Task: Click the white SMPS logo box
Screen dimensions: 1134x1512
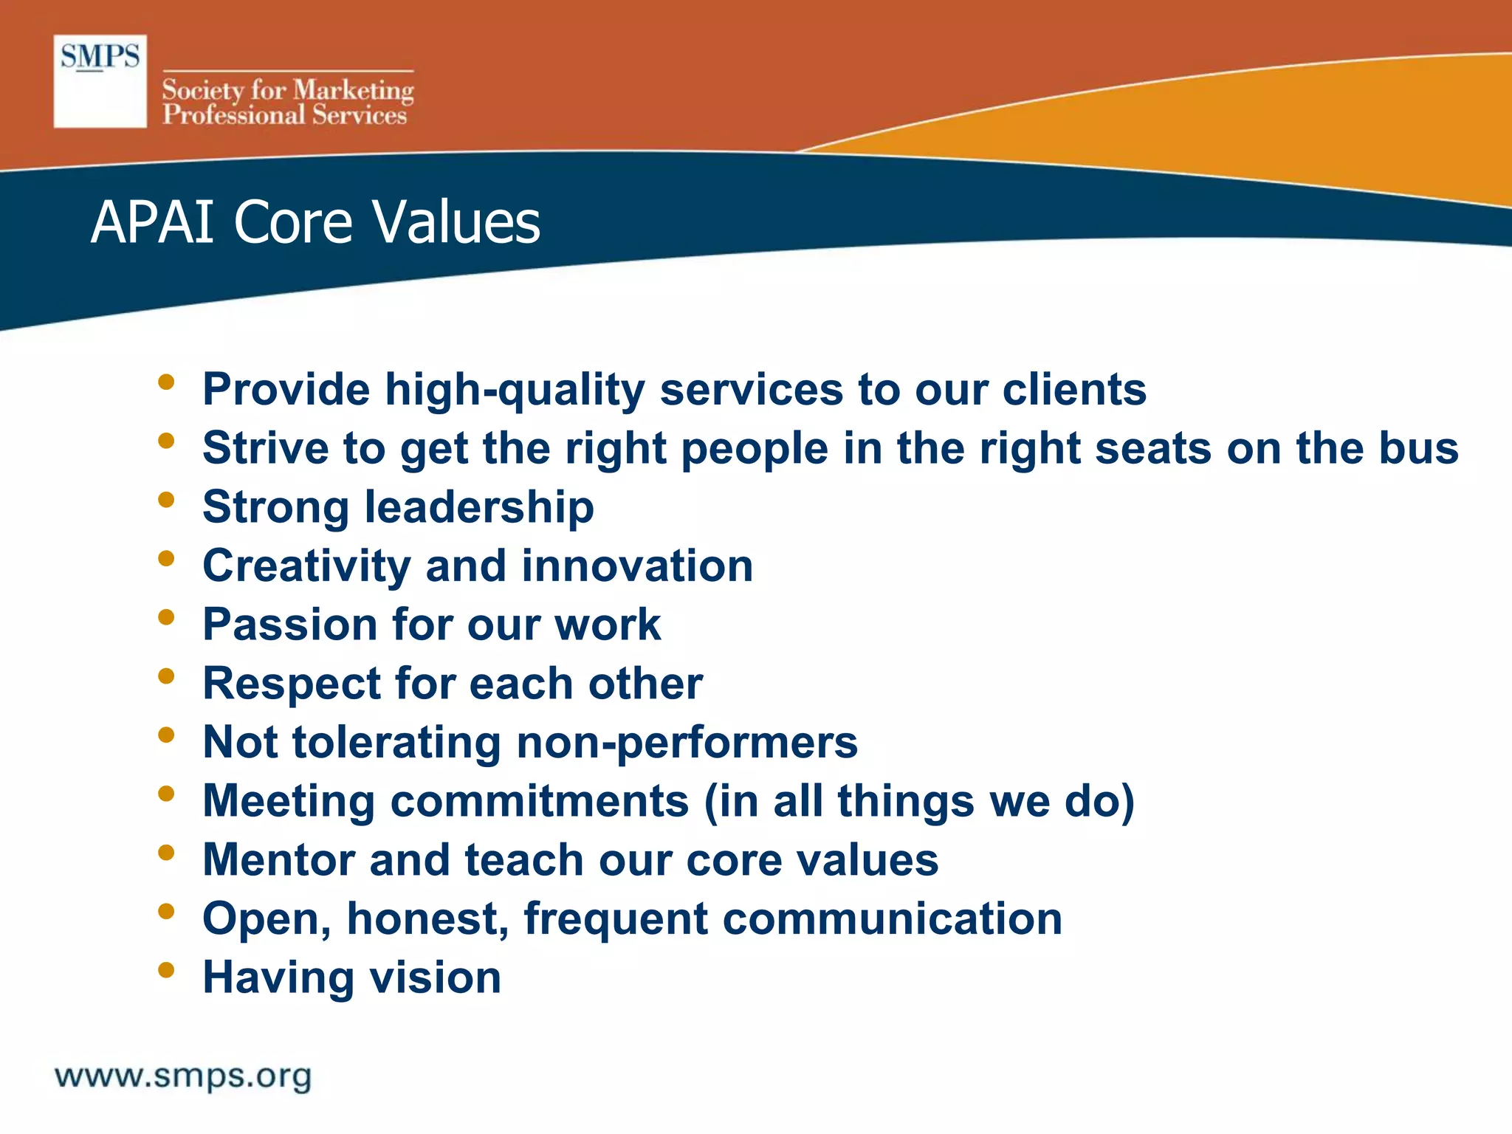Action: [x=100, y=81]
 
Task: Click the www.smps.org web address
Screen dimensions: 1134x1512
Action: [x=183, y=1076]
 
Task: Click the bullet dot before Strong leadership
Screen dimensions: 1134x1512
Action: [x=166, y=500]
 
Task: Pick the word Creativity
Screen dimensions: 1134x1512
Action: [x=306, y=566]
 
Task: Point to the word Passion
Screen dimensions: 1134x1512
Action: [x=290, y=625]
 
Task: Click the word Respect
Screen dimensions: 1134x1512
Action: [x=292, y=684]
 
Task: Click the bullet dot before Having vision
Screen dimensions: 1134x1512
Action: [x=166, y=969]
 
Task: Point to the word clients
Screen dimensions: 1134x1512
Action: [x=1074, y=390]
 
